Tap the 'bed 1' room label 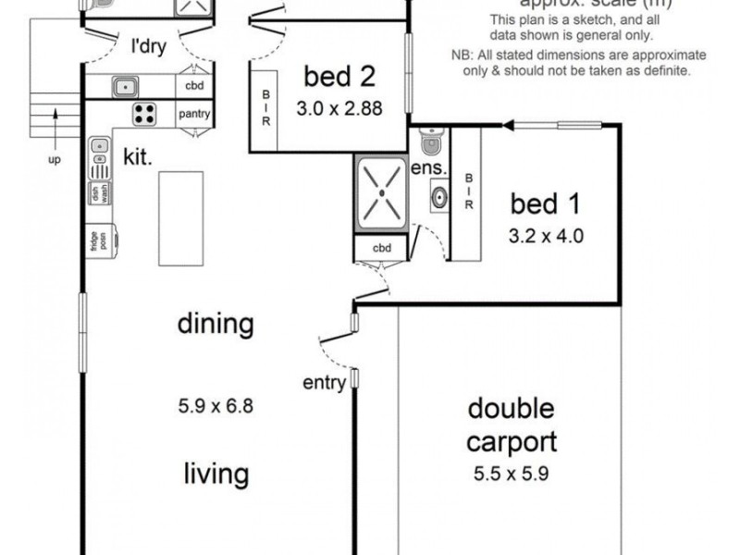click(548, 203)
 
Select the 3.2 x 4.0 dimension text click(547, 235)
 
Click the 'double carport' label click(511, 423)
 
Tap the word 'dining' click(215, 325)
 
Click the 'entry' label click(324, 381)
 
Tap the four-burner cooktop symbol click(143, 115)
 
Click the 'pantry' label click(194, 115)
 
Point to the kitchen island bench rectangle click(179, 217)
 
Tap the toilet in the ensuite click(429, 143)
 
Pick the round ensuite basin click(438, 197)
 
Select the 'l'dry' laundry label click(148, 45)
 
